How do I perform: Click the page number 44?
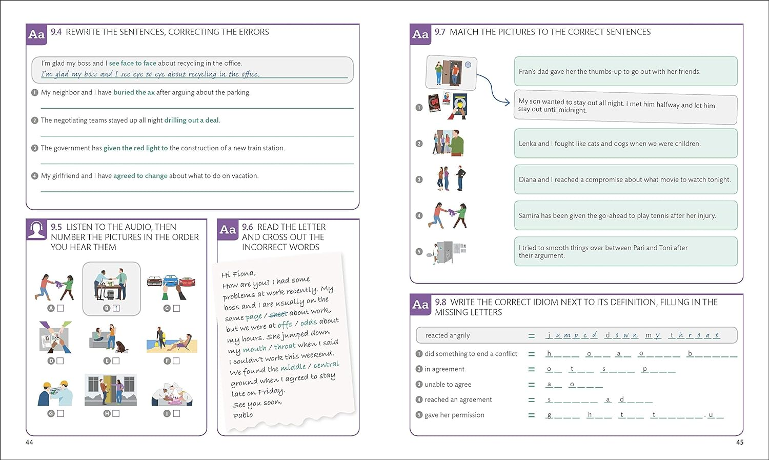point(29,442)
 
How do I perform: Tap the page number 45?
point(739,442)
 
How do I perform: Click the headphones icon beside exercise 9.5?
point(36,230)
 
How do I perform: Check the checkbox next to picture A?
point(60,308)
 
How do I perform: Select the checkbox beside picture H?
point(116,413)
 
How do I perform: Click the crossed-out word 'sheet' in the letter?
point(278,314)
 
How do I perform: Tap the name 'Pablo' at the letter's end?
point(243,415)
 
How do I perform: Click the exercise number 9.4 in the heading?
point(56,32)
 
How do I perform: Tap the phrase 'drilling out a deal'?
point(191,120)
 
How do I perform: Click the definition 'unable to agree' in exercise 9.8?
point(448,384)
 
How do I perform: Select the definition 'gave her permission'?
point(454,415)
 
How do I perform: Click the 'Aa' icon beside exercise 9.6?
point(228,230)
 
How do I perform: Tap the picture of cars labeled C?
point(171,286)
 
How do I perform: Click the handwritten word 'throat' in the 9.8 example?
point(694,335)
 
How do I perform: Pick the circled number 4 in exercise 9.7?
point(419,215)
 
